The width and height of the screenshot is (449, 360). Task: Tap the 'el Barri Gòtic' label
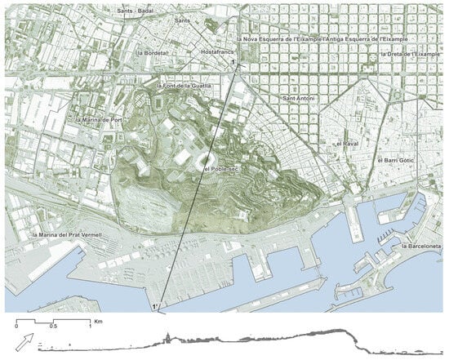(x=397, y=161)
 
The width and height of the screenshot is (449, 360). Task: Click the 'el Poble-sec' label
(x=220, y=169)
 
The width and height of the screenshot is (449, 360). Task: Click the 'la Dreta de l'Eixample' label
(x=413, y=54)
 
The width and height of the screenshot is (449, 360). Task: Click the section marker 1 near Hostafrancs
(x=234, y=63)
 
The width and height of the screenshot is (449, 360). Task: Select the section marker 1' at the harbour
(x=155, y=306)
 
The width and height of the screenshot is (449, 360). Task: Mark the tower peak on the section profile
(x=168, y=335)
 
